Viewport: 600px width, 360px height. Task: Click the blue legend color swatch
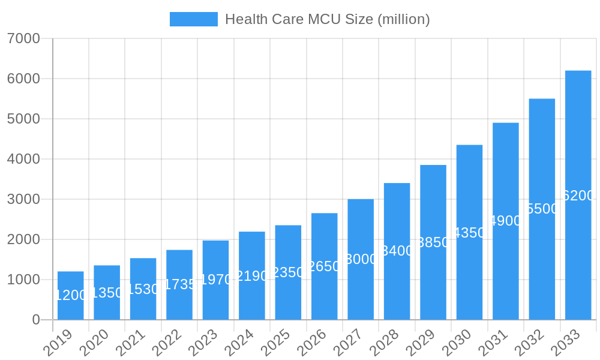[x=193, y=19]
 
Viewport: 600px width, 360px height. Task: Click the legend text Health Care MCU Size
[x=327, y=19]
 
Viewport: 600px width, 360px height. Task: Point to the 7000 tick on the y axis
[x=23, y=39]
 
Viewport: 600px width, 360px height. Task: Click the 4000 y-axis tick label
[x=23, y=160]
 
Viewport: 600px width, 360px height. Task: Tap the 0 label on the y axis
[x=36, y=320]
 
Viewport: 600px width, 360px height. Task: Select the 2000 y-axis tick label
[x=23, y=240]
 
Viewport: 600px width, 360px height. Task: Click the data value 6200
[x=578, y=196]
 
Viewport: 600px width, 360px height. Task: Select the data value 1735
[x=179, y=284]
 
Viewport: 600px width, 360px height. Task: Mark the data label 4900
[x=506, y=221]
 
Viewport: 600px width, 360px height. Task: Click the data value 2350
[x=288, y=272]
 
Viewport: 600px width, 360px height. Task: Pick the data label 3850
[x=433, y=242]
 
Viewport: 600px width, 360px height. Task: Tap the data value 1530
[x=143, y=289]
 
